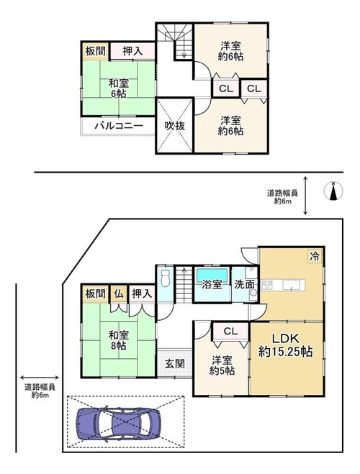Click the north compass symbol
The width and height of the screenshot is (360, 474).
(x=333, y=191)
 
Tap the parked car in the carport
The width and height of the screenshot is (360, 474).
(x=118, y=424)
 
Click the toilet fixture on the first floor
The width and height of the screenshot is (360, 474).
(x=165, y=278)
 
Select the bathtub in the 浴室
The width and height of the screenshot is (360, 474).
(x=212, y=275)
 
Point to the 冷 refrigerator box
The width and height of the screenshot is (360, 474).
(x=315, y=256)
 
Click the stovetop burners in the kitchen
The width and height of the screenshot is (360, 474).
(x=267, y=285)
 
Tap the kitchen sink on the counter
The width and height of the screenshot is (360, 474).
(x=291, y=285)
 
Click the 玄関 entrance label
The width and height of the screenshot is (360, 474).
(x=174, y=363)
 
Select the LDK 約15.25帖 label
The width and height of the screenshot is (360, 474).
(x=286, y=345)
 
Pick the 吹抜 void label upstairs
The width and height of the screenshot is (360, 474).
(x=174, y=126)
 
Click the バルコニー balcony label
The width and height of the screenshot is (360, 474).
(x=119, y=125)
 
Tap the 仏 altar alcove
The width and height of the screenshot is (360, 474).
(x=119, y=293)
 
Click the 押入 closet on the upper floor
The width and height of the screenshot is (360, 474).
(x=132, y=51)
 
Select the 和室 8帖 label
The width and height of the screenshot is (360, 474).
(x=119, y=340)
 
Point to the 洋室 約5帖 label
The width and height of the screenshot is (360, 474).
(x=222, y=365)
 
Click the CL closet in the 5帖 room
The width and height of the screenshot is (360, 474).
(x=231, y=332)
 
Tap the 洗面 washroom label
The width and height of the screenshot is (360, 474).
(x=244, y=284)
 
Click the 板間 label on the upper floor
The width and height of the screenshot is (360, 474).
(x=95, y=51)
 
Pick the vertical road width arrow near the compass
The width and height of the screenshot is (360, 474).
(x=305, y=196)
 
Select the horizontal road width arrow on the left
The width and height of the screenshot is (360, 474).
(x=40, y=378)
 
